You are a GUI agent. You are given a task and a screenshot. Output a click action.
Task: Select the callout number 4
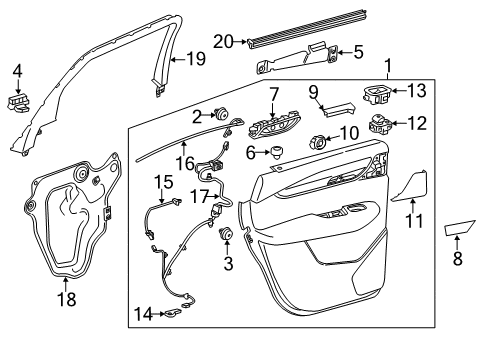[x=16, y=70]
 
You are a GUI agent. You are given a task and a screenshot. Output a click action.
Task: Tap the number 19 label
[x=195, y=59]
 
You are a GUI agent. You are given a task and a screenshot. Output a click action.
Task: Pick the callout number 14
[x=143, y=314]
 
